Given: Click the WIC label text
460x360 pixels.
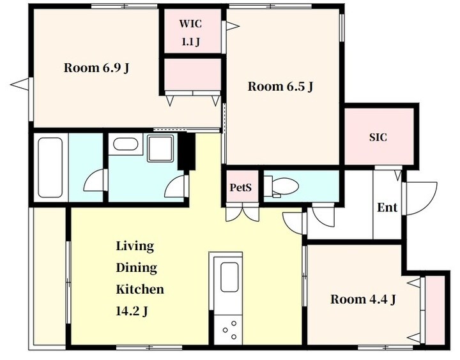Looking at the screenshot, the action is pyautogui.click(x=190, y=24).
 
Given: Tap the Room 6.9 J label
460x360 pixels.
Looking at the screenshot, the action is pyautogui.click(x=96, y=68).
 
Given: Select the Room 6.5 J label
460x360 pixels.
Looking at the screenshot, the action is pyautogui.click(x=280, y=87).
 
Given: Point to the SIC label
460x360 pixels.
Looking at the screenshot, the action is pyautogui.click(x=378, y=137).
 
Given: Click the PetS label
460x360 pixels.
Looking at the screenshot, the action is pyautogui.click(x=241, y=187).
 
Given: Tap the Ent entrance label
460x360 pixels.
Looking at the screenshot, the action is pyautogui.click(x=387, y=207).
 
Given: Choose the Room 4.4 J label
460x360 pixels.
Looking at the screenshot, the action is pyautogui.click(x=363, y=299).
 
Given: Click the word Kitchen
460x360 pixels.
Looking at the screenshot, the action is pyautogui.click(x=140, y=289).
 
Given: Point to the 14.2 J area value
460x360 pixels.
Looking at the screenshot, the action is pyautogui.click(x=132, y=311).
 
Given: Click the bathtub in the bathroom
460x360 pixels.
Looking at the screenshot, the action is pyautogui.click(x=50, y=168).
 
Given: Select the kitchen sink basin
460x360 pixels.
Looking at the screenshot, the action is pyautogui.click(x=229, y=277).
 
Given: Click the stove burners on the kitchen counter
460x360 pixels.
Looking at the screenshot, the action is pyautogui.click(x=230, y=330).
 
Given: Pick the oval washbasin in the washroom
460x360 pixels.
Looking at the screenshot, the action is pyautogui.click(x=126, y=144).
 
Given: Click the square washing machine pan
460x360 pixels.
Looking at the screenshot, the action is pyautogui.click(x=160, y=148).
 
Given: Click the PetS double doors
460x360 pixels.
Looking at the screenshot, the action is pyautogui.click(x=242, y=213).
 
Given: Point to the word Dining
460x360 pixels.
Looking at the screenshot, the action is pyautogui.click(x=137, y=268).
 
